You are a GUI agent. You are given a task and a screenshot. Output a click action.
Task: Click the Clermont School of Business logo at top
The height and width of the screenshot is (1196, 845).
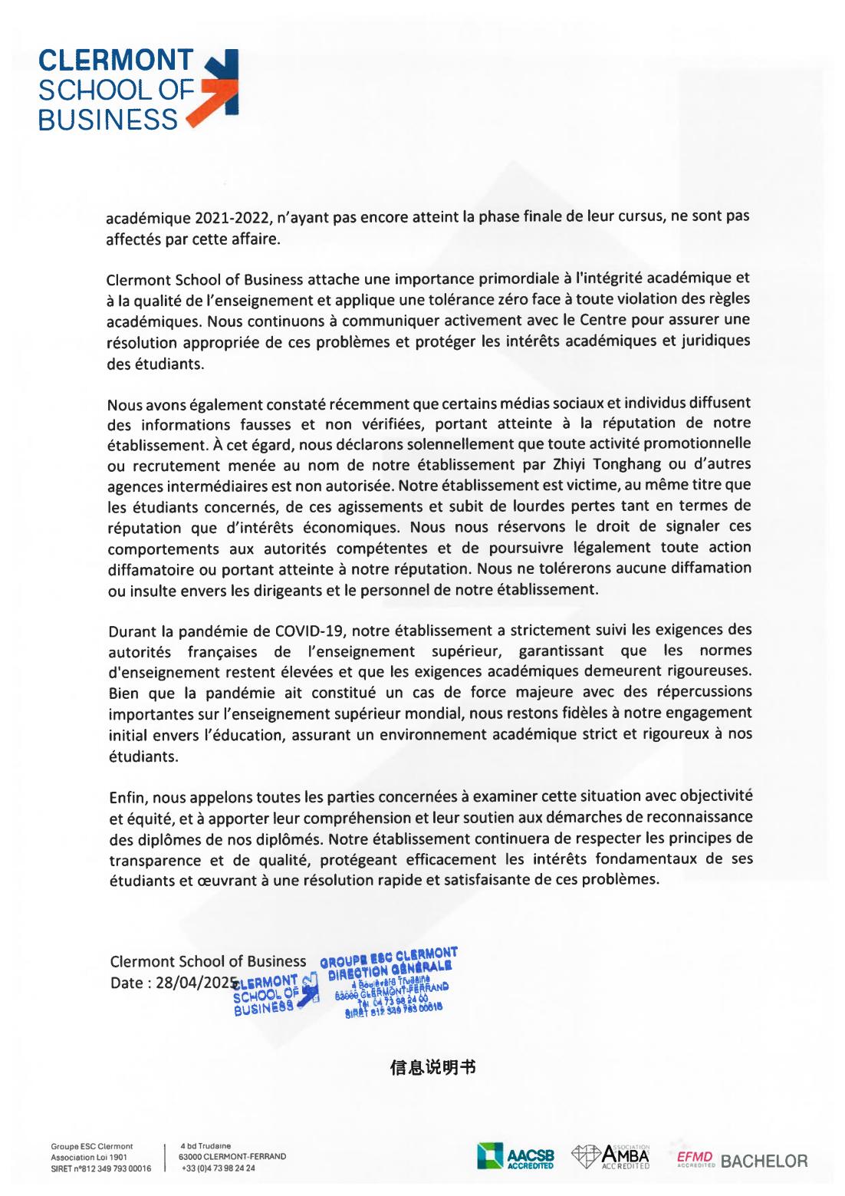pyautogui.click(x=137, y=90)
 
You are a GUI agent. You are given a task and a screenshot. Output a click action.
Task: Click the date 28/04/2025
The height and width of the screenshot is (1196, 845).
pyautogui.click(x=195, y=983)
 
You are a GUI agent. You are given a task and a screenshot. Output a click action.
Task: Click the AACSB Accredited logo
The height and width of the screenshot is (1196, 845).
pyautogui.click(x=515, y=1155)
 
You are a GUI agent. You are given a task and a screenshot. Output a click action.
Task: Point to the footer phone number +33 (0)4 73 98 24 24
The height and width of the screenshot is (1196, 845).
pyautogui.click(x=218, y=1169)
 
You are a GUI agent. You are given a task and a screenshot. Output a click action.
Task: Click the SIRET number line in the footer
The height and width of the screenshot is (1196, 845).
pyautogui.click(x=100, y=1169)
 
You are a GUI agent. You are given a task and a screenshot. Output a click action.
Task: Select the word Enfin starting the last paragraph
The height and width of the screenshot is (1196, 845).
pyautogui.click(x=122, y=797)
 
